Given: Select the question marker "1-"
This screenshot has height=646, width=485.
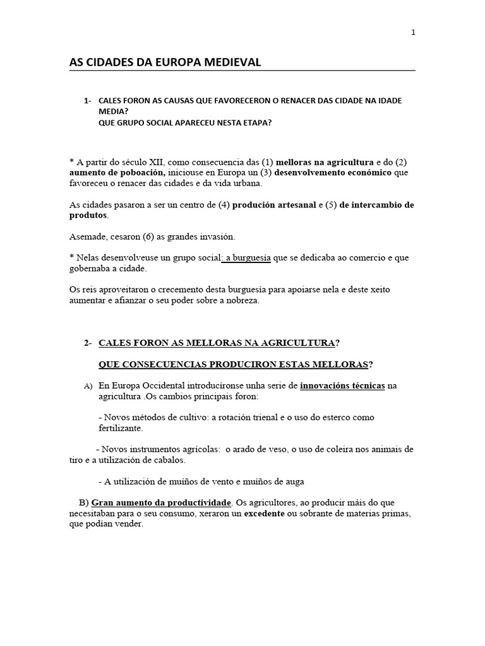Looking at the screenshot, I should tap(88, 101).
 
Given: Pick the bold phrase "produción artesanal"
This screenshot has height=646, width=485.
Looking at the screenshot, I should tap(274, 205).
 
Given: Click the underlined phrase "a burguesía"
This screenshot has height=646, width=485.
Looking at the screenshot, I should tap(245, 258).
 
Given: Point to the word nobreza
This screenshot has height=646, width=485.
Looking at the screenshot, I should tap(238, 301).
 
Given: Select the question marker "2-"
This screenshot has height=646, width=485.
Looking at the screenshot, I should tap(88, 343).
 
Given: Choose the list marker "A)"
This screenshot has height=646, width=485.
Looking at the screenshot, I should tap(88, 386).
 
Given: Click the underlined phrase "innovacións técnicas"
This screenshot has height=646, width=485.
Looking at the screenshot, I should tap(342, 385).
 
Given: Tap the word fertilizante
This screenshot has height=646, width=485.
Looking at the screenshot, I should tap(121, 428).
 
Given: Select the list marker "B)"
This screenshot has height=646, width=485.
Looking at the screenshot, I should tap(83, 503).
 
